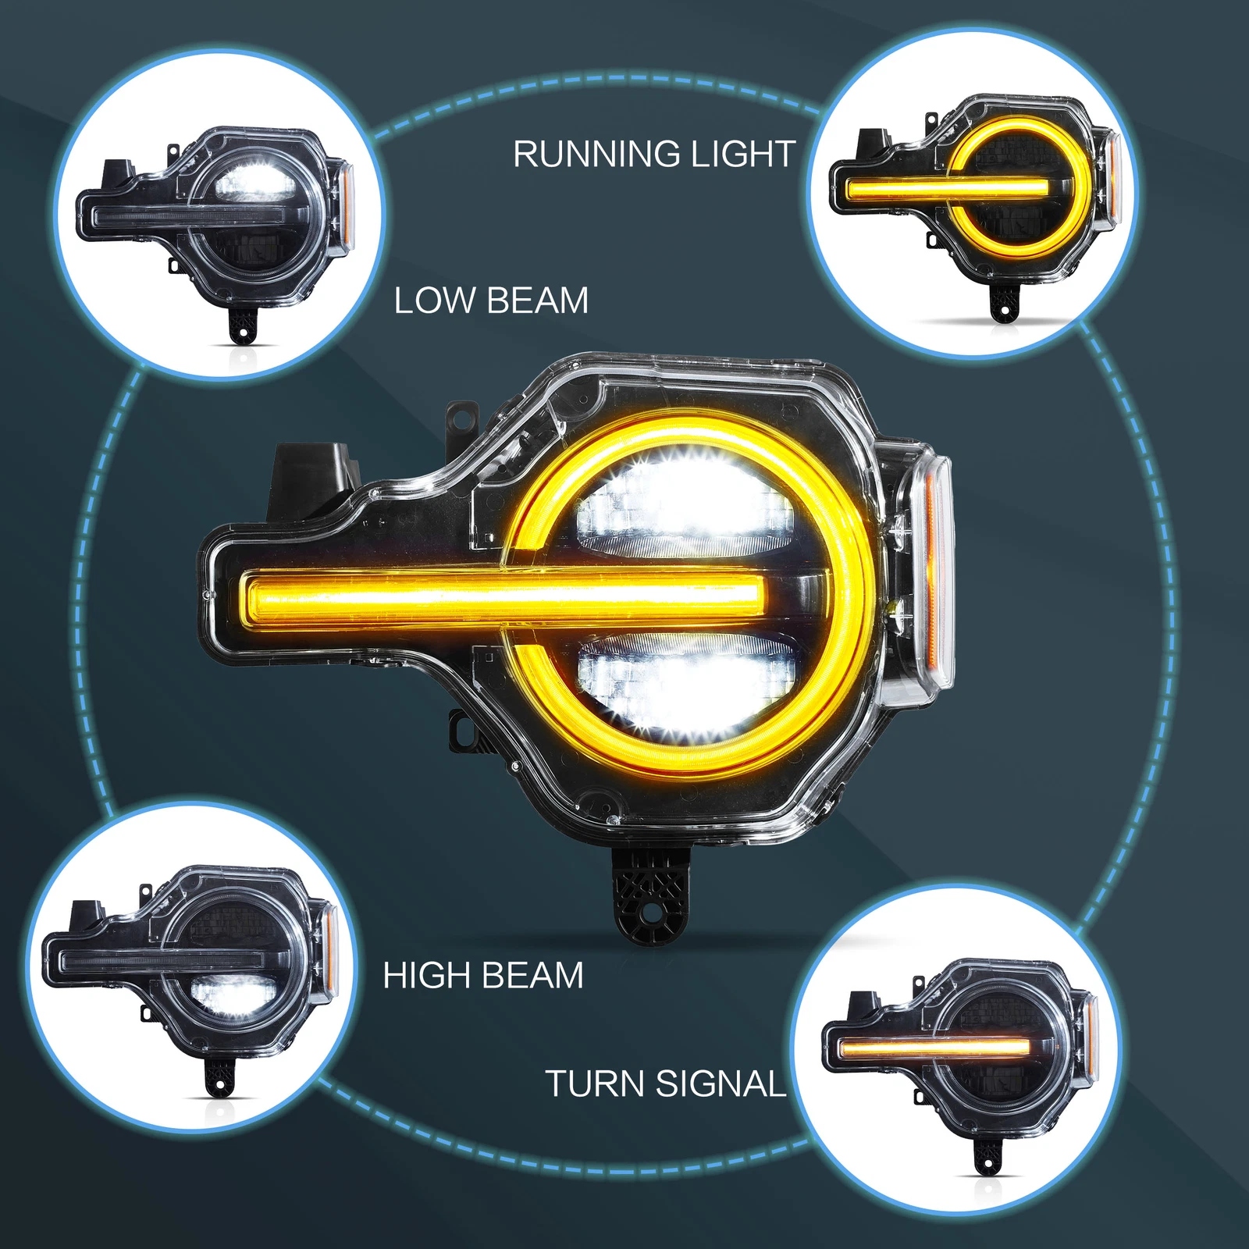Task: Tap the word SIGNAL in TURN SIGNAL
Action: [721, 1084]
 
